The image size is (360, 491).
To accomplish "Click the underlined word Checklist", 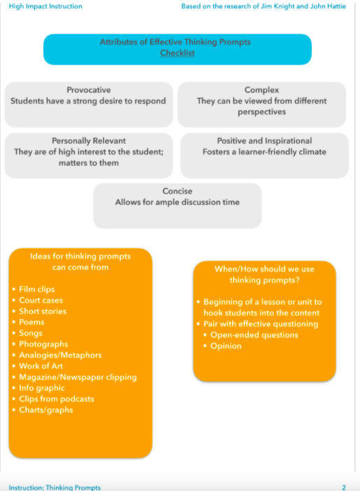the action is pos(178,53).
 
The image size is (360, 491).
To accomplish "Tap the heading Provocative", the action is pos(89,90).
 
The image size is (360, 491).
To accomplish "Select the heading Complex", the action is pos(261,90).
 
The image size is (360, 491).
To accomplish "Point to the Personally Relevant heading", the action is pos(89,141).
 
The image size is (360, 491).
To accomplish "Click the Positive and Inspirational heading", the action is pos(264,141).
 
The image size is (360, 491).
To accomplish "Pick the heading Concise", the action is pos(177,191).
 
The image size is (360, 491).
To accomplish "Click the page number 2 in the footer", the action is pos(344,488).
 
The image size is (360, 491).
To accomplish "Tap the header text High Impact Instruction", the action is pos(45,6).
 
